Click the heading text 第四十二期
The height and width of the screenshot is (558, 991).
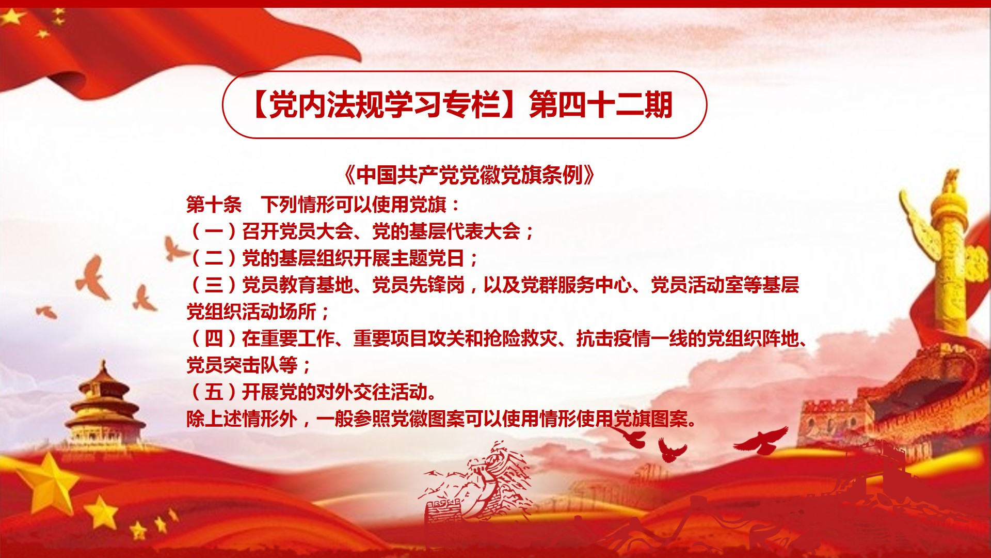click(601, 105)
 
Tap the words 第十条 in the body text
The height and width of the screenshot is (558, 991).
click(214, 205)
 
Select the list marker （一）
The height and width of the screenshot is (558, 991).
click(214, 231)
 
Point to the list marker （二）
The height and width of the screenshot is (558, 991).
click(214, 258)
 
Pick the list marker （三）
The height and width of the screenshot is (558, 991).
click(214, 285)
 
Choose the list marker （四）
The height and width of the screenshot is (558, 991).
click(214, 338)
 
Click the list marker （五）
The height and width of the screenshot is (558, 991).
click(214, 392)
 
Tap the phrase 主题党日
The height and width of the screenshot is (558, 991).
click(428, 258)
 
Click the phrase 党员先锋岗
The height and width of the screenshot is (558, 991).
click(419, 285)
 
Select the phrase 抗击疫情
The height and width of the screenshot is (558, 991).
click(613, 338)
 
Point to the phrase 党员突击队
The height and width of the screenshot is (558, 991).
click(233, 365)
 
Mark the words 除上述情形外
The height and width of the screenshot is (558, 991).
click(242, 419)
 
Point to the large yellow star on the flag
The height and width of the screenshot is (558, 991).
click(12, 17)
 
